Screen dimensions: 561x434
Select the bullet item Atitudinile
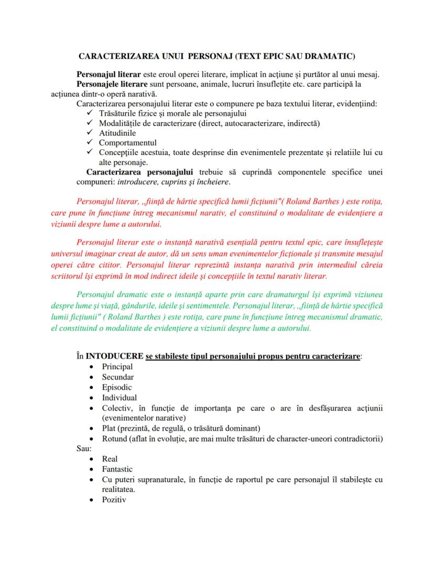coord(117,133)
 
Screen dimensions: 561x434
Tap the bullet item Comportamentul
coord(127,142)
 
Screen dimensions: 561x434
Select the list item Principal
coord(117,367)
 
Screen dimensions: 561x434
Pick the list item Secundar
coord(117,377)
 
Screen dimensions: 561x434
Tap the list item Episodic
coord(117,388)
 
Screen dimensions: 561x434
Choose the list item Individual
coord(119,398)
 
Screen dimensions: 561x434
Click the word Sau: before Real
coord(84,449)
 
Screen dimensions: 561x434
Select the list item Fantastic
coord(117,469)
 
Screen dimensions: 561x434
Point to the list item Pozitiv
coord(114,500)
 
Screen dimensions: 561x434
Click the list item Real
coord(110,459)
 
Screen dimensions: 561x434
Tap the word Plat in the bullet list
coord(110,428)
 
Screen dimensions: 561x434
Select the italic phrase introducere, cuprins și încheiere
coord(173,183)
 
